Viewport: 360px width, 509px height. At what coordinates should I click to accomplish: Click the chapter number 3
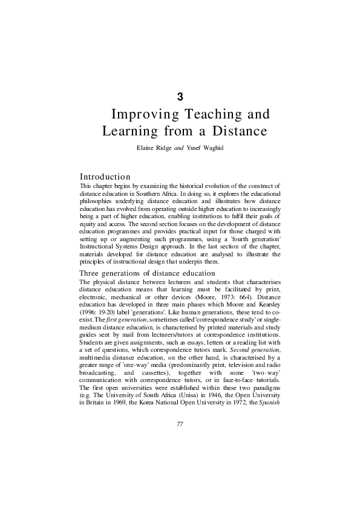[180, 96]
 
